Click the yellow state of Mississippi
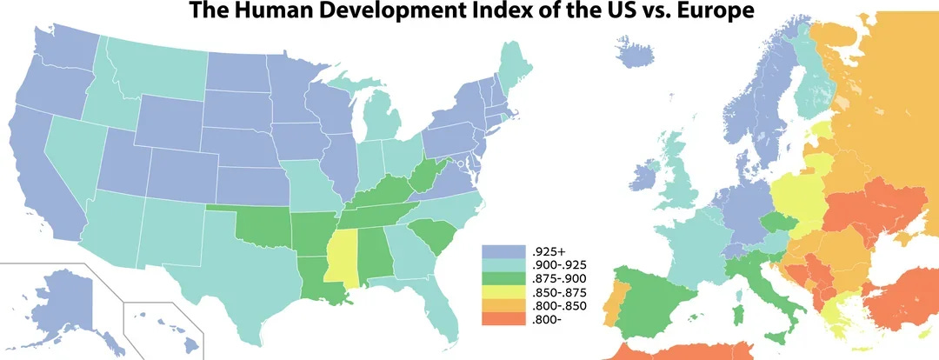(x=339, y=257)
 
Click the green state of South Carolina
(x=430, y=235)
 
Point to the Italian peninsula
(x=765, y=278)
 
